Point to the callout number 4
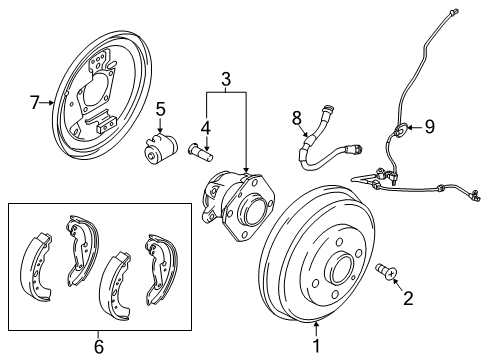tap(205, 127)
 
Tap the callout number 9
tap(429, 127)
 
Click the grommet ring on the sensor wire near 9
tap(401, 128)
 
